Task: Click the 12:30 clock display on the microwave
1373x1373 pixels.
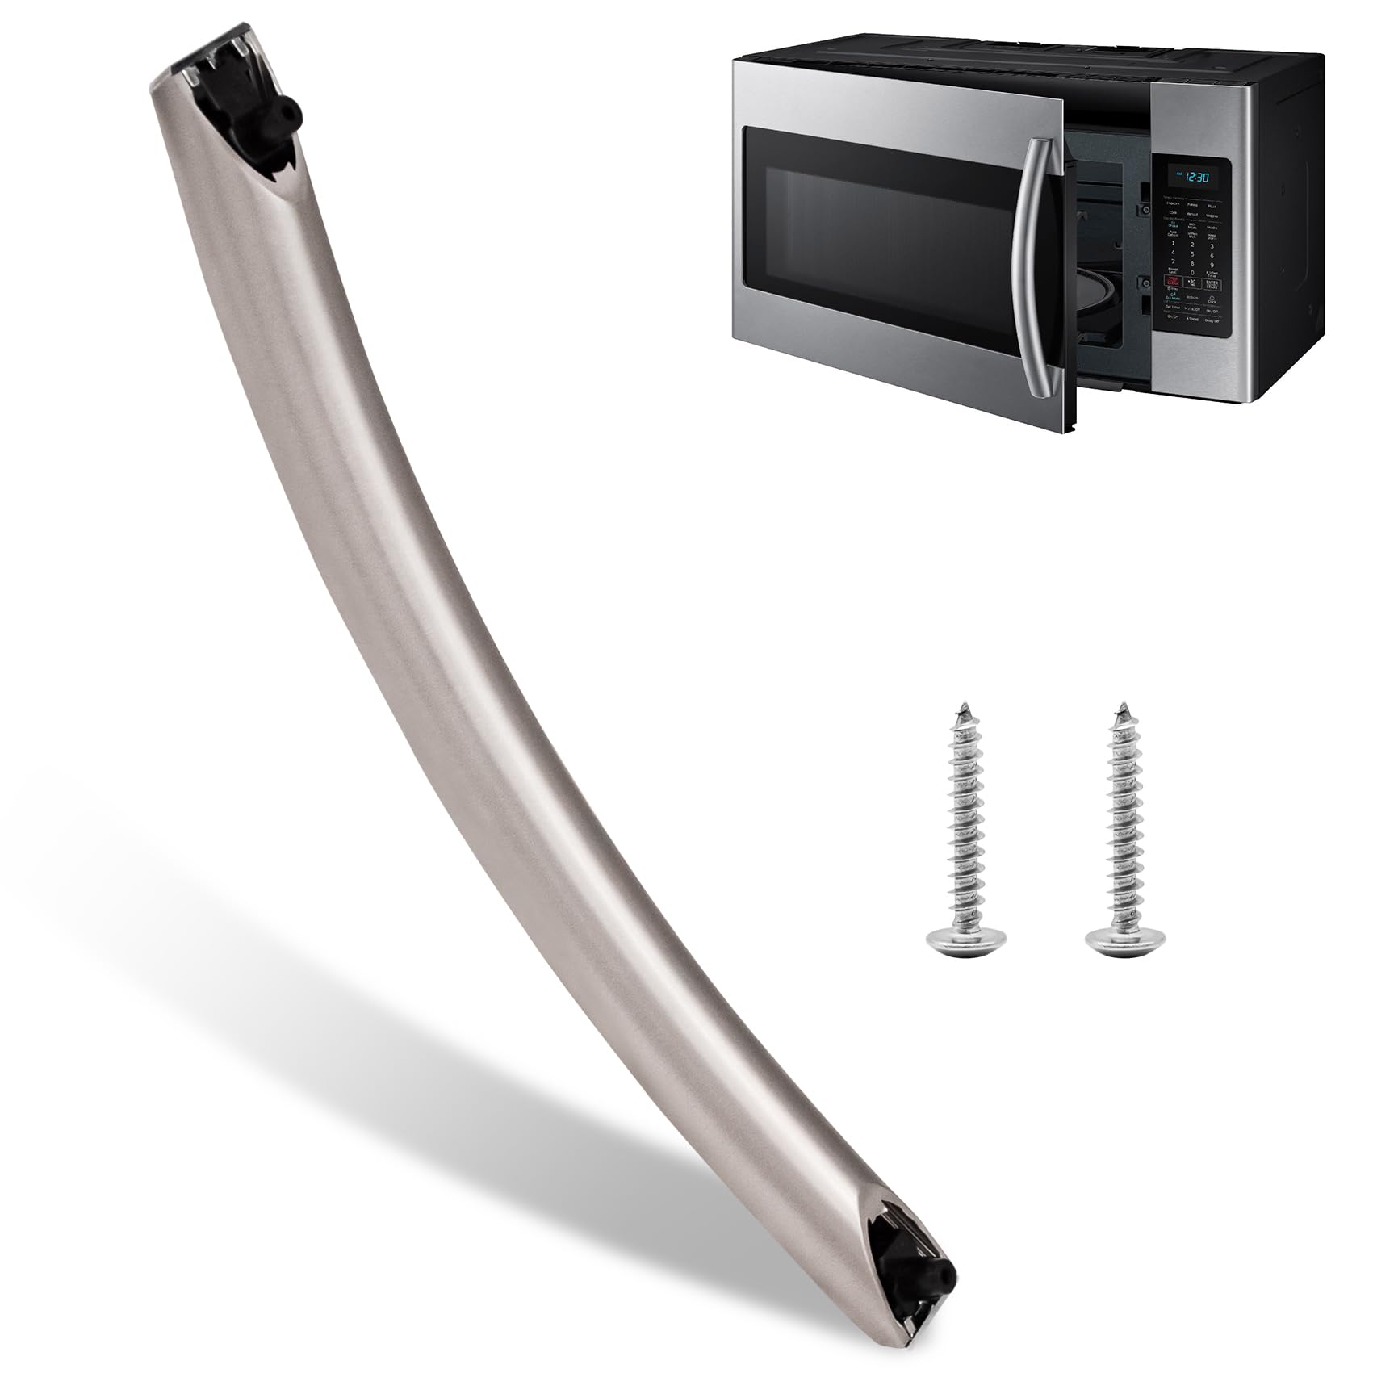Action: pos(1198,177)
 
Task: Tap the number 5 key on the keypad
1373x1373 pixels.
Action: pos(1192,254)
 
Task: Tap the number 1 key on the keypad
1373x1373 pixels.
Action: pos(1173,243)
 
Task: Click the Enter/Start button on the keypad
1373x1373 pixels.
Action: pos(1212,284)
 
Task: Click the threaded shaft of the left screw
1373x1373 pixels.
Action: pos(958,823)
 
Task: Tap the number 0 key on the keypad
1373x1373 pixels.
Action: pos(1192,273)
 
